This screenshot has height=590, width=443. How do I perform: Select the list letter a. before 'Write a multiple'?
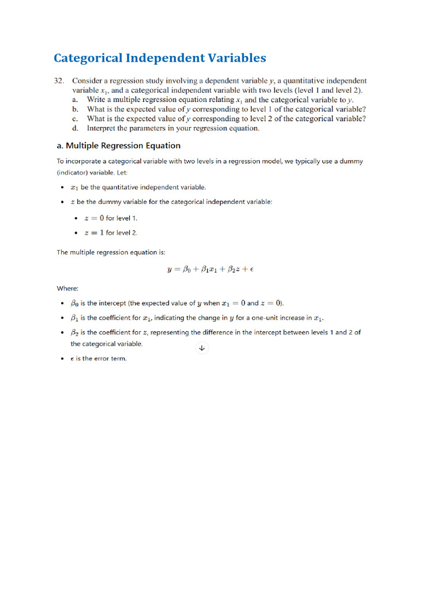(76, 100)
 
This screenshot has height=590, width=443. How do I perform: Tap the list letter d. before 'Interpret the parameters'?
(76, 128)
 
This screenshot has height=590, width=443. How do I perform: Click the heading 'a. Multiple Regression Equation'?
(118, 146)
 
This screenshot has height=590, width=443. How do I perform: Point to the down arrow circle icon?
(201, 347)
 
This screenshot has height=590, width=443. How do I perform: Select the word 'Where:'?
(67, 288)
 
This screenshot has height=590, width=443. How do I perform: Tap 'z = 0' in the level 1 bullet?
(94, 218)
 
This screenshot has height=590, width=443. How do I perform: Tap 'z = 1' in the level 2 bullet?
(94, 233)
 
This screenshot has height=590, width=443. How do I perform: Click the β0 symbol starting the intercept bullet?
(74, 304)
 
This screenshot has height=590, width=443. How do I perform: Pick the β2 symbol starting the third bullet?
(74, 332)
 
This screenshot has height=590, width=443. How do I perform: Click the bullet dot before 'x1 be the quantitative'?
(62, 188)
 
